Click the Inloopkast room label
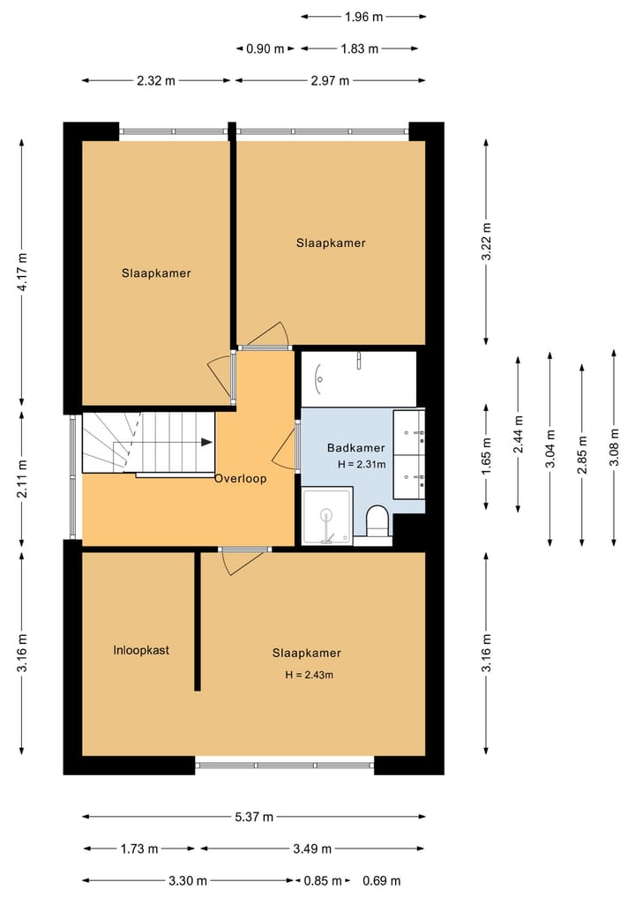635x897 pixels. (x=141, y=650)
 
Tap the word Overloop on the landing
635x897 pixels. (x=240, y=478)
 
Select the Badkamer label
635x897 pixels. (x=355, y=447)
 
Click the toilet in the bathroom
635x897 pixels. (x=377, y=520)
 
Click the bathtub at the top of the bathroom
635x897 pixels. (x=358, y=377)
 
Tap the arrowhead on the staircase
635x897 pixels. (x=206, y=442)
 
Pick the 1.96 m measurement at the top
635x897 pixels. (x=363, y=16)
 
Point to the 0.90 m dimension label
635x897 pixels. (x=265, y=49)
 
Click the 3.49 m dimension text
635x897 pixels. (x=312, y=848)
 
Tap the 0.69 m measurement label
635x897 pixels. (x=381, y=880)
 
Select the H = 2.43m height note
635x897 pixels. (x=309, y=675)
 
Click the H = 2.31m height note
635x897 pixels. (x=362, y=464)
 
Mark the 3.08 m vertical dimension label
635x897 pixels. (x=614, y=447)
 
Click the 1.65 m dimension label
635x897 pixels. (x=486, y=456)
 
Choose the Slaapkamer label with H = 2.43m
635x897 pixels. (x=306, y=653)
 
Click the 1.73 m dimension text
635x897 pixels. (x=138, y=848)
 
